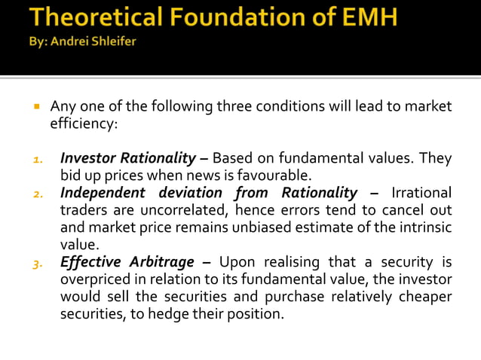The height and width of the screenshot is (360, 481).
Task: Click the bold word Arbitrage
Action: (x=159, y=262)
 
